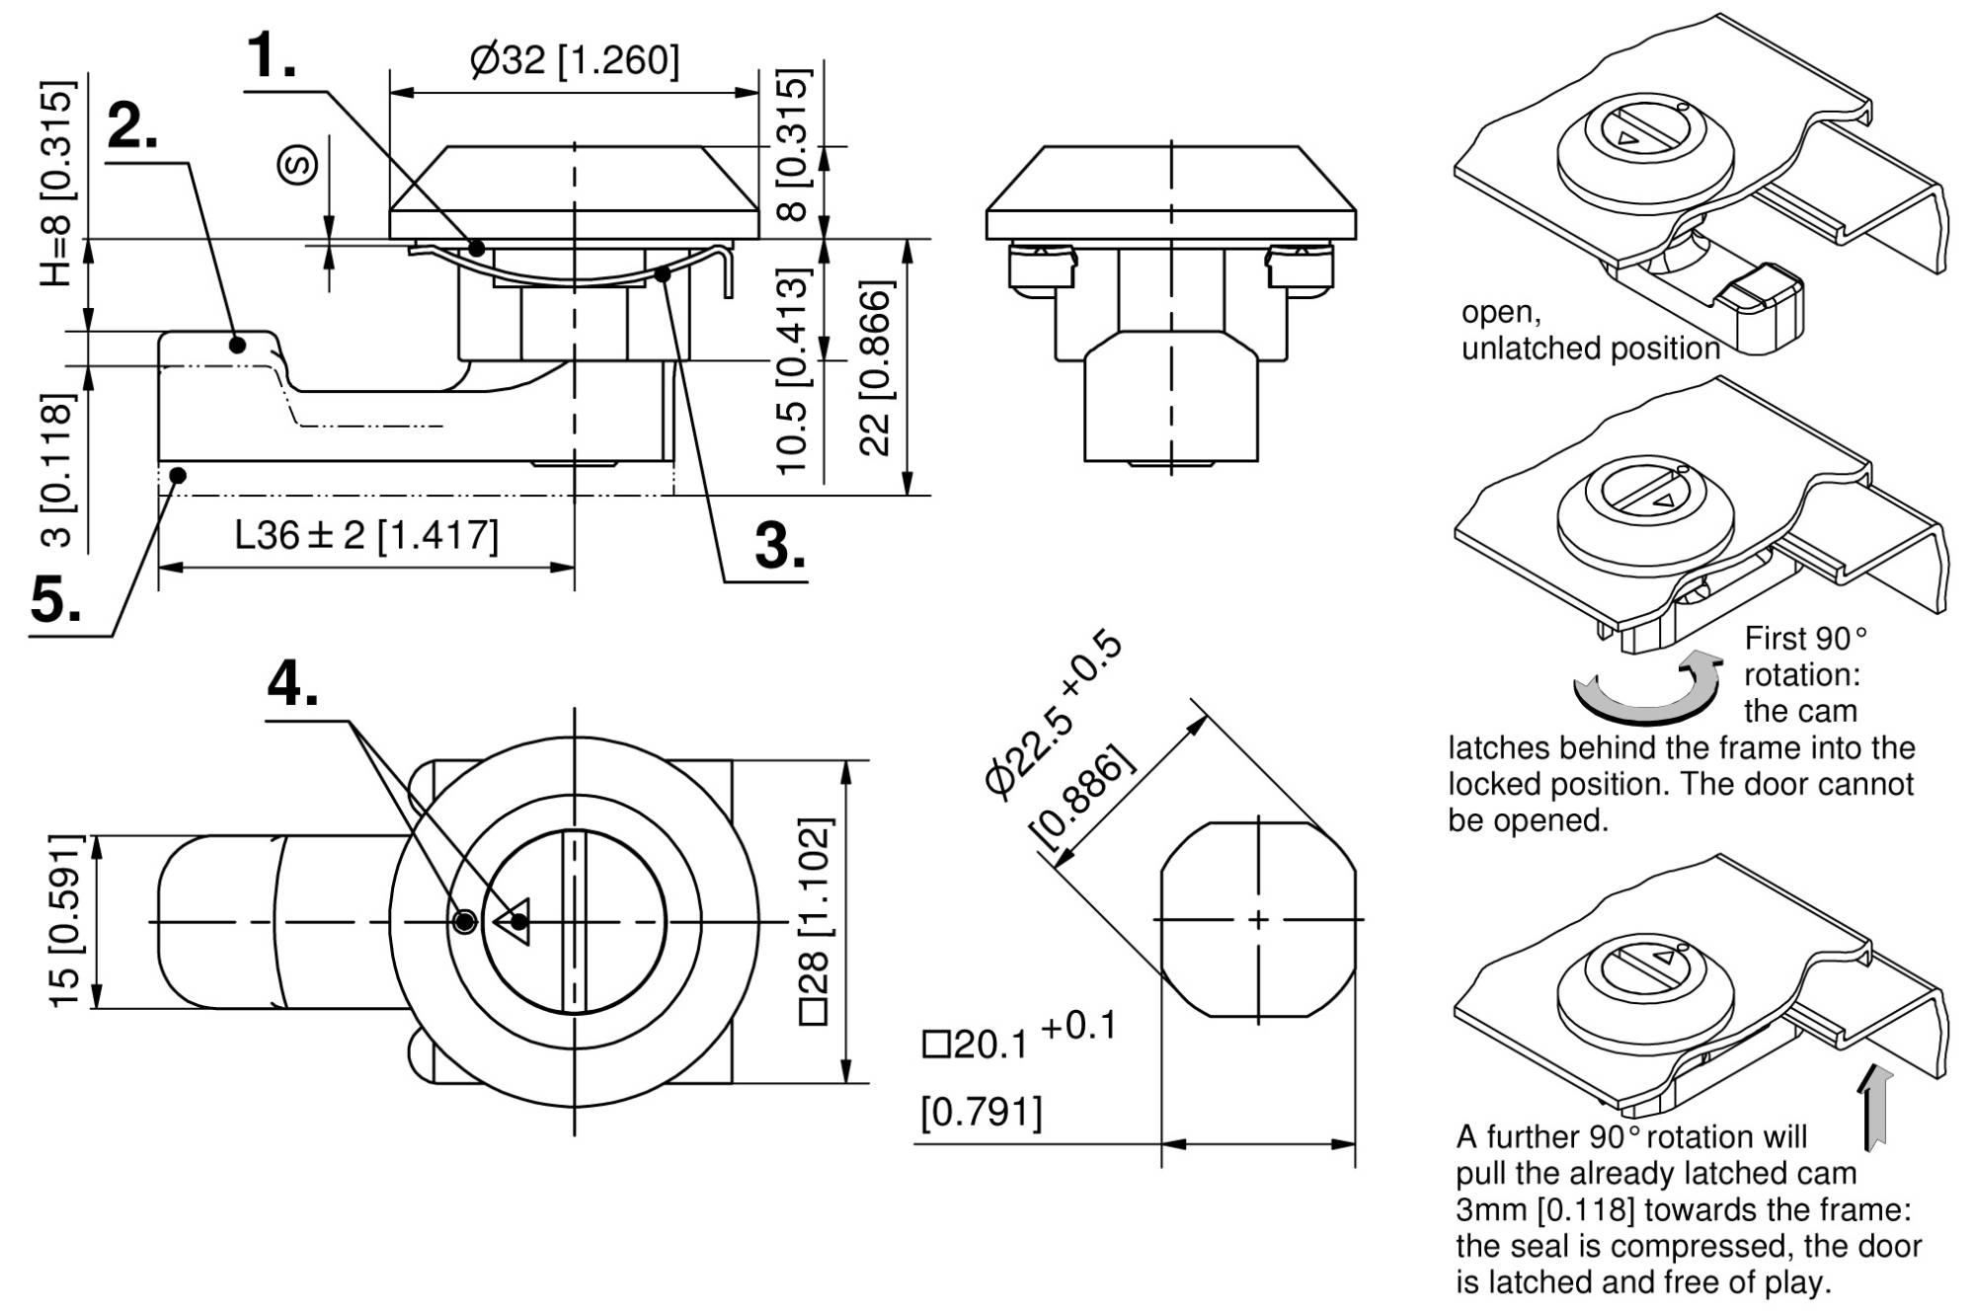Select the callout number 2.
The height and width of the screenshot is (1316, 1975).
[131, 126]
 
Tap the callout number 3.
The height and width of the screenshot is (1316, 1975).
[779, 545]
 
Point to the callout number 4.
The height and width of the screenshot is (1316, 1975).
[292, 683]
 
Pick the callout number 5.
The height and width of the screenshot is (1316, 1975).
[56, 599]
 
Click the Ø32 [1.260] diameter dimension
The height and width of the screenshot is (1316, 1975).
[575, 60]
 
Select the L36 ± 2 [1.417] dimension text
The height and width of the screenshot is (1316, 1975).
[366, 535]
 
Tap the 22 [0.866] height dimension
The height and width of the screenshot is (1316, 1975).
[876, 367]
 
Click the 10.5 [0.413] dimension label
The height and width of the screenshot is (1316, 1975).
[793, 371]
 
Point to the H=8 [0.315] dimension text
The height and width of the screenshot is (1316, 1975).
[57, 184]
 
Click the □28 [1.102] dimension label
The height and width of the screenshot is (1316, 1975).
[816, 921]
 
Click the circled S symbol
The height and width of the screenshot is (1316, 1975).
[297, 165]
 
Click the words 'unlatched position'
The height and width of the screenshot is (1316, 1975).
[1590, 348]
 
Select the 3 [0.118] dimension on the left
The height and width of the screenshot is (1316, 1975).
[59, 470]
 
